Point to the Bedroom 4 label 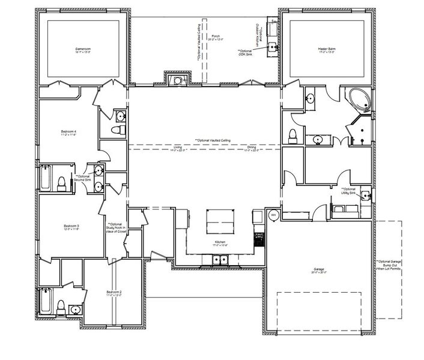[69, 132]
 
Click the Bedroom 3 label [72, 226]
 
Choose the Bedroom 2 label [114, 293]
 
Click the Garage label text [319, 269]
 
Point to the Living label [178, 147]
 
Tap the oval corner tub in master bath [359, 100]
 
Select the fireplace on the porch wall [177, 80]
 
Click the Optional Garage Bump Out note [389, 265]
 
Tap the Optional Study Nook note [114, 228]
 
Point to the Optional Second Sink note [82, 178]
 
